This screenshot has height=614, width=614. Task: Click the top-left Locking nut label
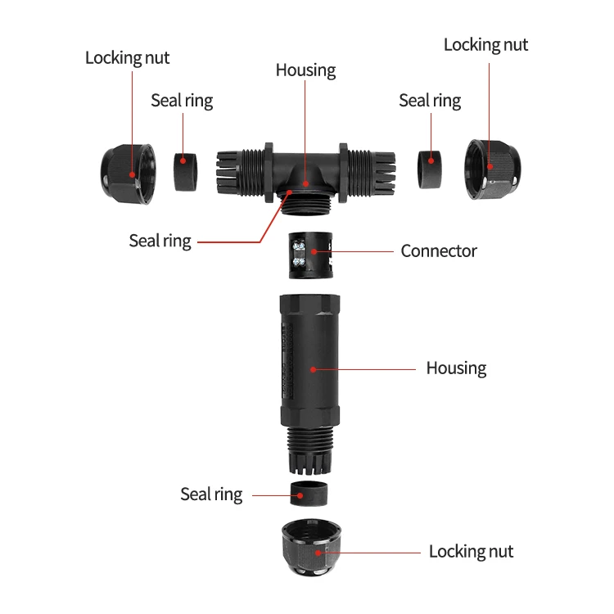point(128,59)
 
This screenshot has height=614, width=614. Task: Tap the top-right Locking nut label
point(485,45)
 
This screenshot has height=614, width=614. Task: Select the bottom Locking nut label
point(471,552)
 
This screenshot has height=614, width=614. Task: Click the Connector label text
point(438,251)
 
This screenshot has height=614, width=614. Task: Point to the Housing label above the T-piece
point(305,70)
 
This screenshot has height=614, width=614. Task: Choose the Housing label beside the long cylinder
point(456,368)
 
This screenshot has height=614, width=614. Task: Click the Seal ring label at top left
point(182,101)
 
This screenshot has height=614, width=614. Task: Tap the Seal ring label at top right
point(430,101)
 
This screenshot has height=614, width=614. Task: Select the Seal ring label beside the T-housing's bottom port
point(160,242)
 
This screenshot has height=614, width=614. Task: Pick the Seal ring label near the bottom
point(211,494)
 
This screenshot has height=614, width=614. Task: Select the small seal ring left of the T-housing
point(187,170)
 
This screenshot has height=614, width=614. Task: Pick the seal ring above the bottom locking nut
point(312,494)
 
